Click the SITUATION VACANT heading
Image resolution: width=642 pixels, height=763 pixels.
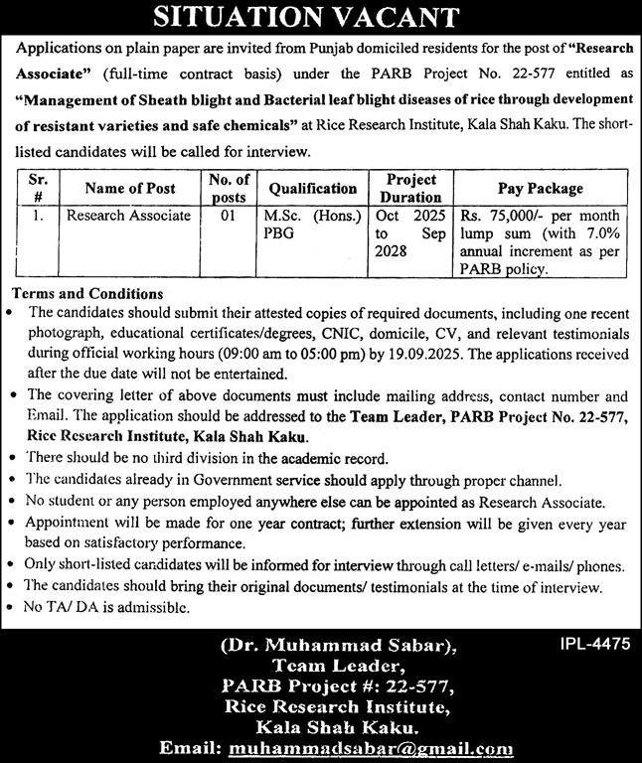click(320, 16)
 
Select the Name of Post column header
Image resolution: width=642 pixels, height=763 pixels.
click(130, 188)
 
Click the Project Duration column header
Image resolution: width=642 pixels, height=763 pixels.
click(411, 188)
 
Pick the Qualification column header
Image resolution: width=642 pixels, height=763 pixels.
click(312, 188)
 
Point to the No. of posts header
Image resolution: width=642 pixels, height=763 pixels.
click(229, 188)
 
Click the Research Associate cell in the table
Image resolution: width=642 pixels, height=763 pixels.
click(128, 215)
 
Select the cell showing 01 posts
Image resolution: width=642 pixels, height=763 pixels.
click(228, 215)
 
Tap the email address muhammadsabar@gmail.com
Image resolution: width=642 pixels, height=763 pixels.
click(370, 747)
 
